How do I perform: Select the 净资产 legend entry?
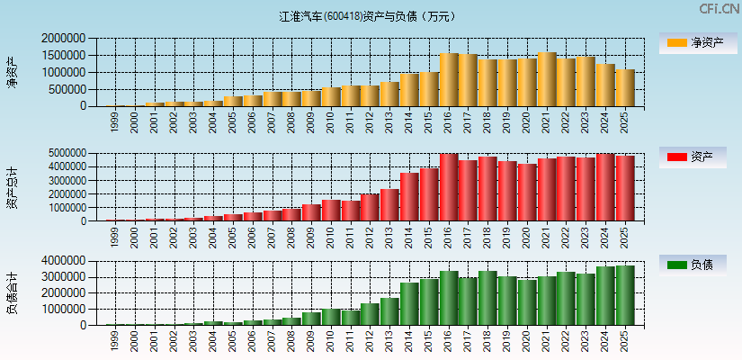pos(694,42)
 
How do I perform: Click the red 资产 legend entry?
pos(694,157)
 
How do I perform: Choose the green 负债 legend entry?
pos(694,265)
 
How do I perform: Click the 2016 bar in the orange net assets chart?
pos(449,80)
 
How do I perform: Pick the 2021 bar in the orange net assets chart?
pos(547,79)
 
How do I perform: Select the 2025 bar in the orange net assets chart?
pos(625,88)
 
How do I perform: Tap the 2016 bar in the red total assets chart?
pos(449,187)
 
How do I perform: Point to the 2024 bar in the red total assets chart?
pos(605,187)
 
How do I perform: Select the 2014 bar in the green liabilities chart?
pos(409,304)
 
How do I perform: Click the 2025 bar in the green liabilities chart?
pos(625,295)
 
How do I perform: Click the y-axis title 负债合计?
pos(12,292)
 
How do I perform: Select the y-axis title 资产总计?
pos(12,188)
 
